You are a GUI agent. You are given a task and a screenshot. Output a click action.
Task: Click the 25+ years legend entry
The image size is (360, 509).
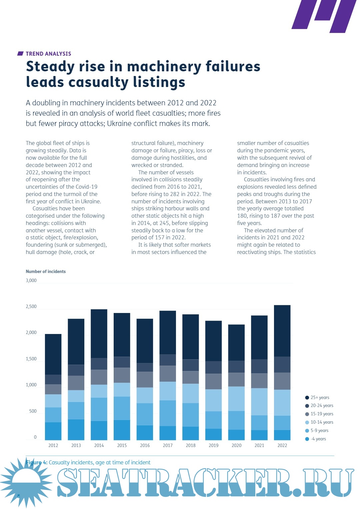pos(317,397)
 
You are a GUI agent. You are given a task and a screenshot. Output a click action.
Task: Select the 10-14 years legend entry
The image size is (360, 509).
pos(319,422)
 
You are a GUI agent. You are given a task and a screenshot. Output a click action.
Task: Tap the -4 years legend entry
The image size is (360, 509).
pos(316,439)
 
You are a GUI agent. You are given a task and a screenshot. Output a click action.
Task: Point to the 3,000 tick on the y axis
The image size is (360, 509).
pos(31,281)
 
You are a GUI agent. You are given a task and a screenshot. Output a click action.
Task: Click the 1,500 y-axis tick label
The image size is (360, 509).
pos(31,359)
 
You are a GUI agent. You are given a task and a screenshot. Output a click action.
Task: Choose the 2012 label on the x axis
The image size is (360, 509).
pos(53,445)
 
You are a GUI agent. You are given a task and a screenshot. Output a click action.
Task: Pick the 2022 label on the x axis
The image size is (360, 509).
pos(282,445)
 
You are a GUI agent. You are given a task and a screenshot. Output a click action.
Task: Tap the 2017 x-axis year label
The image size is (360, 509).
pos(168,445)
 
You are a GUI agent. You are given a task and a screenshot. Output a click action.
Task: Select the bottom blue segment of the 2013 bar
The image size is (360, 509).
pos(76,430)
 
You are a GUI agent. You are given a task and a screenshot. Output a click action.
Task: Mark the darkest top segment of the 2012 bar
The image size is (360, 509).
pos(53,354)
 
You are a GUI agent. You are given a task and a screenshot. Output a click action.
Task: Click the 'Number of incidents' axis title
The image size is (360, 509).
pos(46,272)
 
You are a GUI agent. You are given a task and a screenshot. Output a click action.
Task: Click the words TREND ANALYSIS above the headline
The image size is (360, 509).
pos(48,54)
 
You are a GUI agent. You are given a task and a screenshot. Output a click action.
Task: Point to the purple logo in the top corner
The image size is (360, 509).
pos(323,15)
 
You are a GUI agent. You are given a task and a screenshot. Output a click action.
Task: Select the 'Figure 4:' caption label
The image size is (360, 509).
pos(37,463)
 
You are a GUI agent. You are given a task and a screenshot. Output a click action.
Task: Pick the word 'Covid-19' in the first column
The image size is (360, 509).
pos(87,187)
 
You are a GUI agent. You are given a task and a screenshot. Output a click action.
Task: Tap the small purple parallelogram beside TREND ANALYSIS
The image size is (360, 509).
pos(20,54)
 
